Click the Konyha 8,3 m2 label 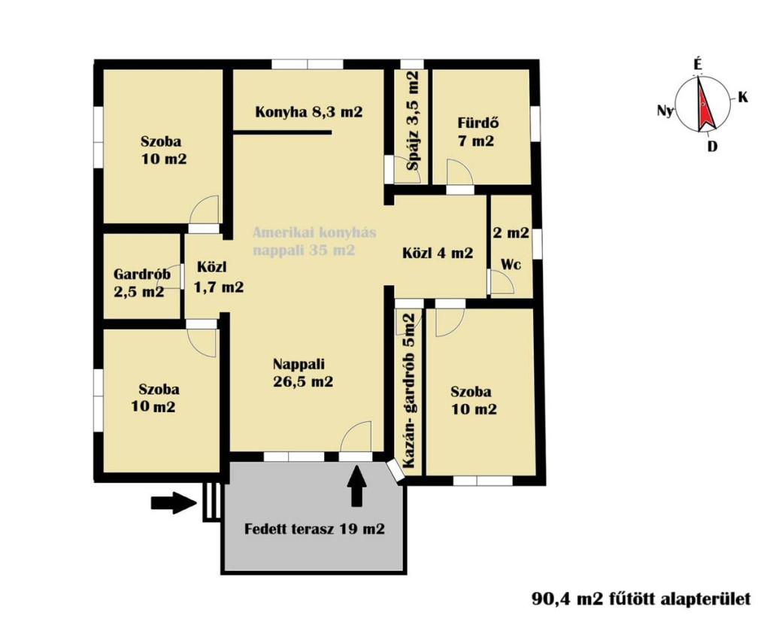point(309,112)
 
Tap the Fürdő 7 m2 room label point(476,132)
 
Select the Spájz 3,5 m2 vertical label point(414,120)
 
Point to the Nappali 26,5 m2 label point(302,372)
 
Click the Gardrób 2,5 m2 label point(141,283)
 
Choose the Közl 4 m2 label point(438,253)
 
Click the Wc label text point(511,264)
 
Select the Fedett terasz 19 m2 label point(314,529)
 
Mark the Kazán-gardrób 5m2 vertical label point(408,390)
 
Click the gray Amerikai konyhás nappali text point(314,241)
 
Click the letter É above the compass point(697,65)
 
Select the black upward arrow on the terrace point(357,485)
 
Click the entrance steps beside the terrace point(211,501)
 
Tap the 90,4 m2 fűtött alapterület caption point(641,599)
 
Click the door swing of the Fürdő point(460,172)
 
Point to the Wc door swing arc point(502,281)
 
